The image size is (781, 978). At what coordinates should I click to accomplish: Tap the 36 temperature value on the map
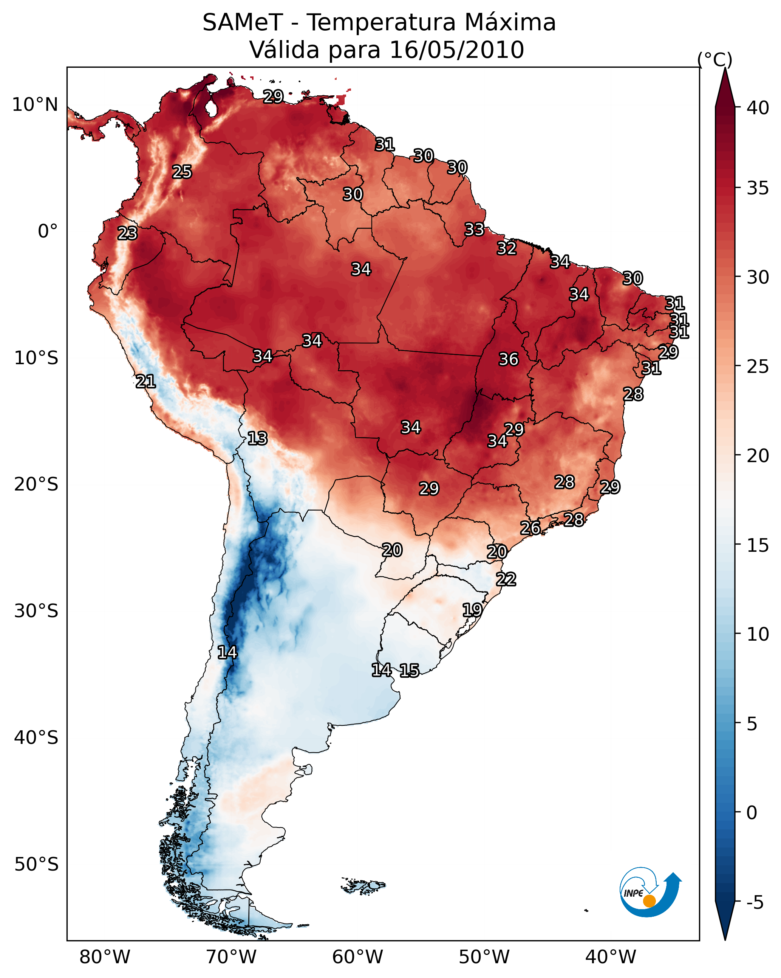coord(508,359)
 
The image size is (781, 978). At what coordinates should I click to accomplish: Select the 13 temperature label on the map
coord(257,438)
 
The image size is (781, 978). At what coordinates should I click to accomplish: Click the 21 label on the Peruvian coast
coord(145,382)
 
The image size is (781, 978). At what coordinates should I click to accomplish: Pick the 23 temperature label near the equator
coord(127,233)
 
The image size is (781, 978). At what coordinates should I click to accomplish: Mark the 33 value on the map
coord(474,230)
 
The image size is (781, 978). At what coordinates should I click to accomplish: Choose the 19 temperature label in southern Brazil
coord(472,610)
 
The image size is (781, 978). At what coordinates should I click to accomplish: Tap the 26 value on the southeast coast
coord(530,528)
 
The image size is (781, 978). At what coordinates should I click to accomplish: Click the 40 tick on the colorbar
coord(758,108)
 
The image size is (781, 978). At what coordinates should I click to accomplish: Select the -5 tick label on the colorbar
coord(755,903)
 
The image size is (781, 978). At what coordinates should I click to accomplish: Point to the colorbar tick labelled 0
coord(751,813)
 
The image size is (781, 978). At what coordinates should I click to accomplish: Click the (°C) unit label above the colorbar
coord(714,59)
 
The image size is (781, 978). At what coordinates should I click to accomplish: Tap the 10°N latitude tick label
coord(35,105)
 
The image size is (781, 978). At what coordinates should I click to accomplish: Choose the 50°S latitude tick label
coord(36,865)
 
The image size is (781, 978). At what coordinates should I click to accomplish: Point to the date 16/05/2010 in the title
coord(456,50)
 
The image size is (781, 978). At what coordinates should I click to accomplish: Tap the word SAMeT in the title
coord(243,23)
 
